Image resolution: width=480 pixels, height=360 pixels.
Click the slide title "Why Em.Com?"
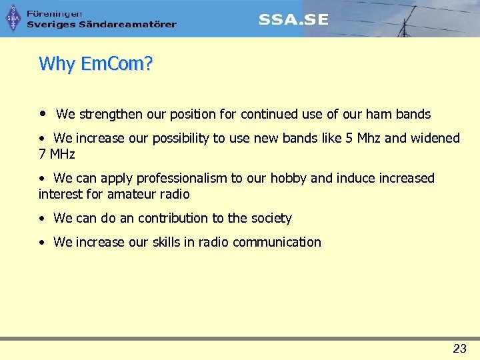tap(96, 64)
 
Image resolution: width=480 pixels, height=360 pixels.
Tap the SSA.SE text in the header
tap(293, 19)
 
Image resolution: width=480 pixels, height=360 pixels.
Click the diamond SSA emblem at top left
tap(13, 19)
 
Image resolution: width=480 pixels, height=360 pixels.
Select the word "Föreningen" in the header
tap(55, 13)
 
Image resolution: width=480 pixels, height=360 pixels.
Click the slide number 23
tap(459, 348)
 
